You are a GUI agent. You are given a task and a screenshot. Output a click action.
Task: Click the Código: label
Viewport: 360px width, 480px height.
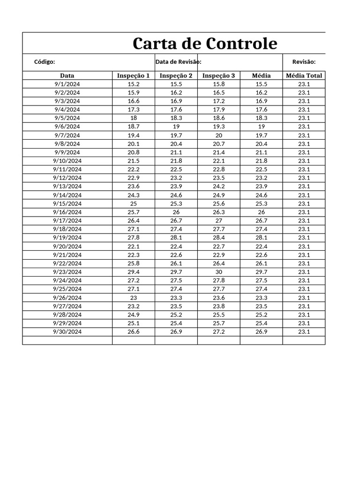45,62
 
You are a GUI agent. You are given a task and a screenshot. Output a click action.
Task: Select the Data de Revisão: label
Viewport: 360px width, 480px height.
178,62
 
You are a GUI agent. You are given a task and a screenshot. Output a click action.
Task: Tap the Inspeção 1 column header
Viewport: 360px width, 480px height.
133,75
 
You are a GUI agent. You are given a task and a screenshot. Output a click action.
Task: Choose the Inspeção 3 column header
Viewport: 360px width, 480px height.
218,75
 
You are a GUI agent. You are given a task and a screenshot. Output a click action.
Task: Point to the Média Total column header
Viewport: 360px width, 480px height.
304,75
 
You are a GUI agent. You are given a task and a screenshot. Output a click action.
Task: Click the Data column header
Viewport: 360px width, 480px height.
67,75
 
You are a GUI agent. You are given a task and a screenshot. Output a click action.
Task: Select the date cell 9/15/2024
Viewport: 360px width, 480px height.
67,203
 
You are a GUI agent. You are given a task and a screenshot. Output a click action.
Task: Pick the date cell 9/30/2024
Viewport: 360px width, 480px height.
67,332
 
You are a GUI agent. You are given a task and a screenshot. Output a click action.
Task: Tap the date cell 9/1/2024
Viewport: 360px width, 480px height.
67,84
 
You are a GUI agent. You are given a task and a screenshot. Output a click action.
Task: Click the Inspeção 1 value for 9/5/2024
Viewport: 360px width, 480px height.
133,118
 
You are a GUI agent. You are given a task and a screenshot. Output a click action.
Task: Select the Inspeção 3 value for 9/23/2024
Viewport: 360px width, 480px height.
218,272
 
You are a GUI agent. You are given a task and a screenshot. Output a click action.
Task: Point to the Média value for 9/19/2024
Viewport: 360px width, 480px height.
261,238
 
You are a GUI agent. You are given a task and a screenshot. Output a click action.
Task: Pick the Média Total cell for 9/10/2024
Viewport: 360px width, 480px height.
304,161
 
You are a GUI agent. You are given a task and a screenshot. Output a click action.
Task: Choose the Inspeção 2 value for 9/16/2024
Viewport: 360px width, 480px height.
176,212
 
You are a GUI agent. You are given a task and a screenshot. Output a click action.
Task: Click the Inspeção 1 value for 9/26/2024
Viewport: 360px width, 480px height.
133,298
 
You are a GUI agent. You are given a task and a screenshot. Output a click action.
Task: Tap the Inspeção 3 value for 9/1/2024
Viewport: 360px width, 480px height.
218,84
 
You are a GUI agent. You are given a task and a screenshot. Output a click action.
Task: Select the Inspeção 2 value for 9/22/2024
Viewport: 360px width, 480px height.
176,263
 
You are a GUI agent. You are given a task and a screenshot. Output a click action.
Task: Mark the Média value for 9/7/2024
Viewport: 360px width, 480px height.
261,135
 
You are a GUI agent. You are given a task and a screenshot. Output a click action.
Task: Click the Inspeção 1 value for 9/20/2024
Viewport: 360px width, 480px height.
133,247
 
